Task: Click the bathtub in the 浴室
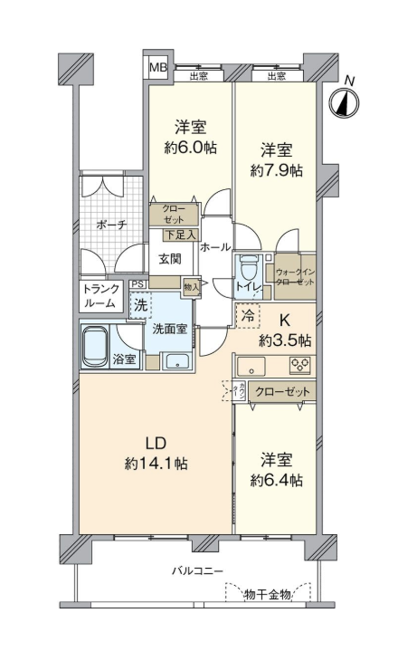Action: (x=95, y=347)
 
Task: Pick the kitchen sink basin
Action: (x=251, y=366)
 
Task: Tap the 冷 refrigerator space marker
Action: (x=248, y=315)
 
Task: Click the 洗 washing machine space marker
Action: (x=141, y=305)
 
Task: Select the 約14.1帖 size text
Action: (x=156, y=464)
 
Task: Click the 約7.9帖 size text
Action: (x=276, y=170)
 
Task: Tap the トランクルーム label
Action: (x=100, y=295)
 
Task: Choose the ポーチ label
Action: (x=111, y=225)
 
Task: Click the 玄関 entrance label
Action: (x=170, y=258)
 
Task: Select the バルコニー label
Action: (x=196, y=571)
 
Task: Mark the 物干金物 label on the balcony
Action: (x=268, y=594)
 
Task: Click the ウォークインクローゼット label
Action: (x=295, y=277)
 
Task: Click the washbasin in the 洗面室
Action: (x=177, y=361)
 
